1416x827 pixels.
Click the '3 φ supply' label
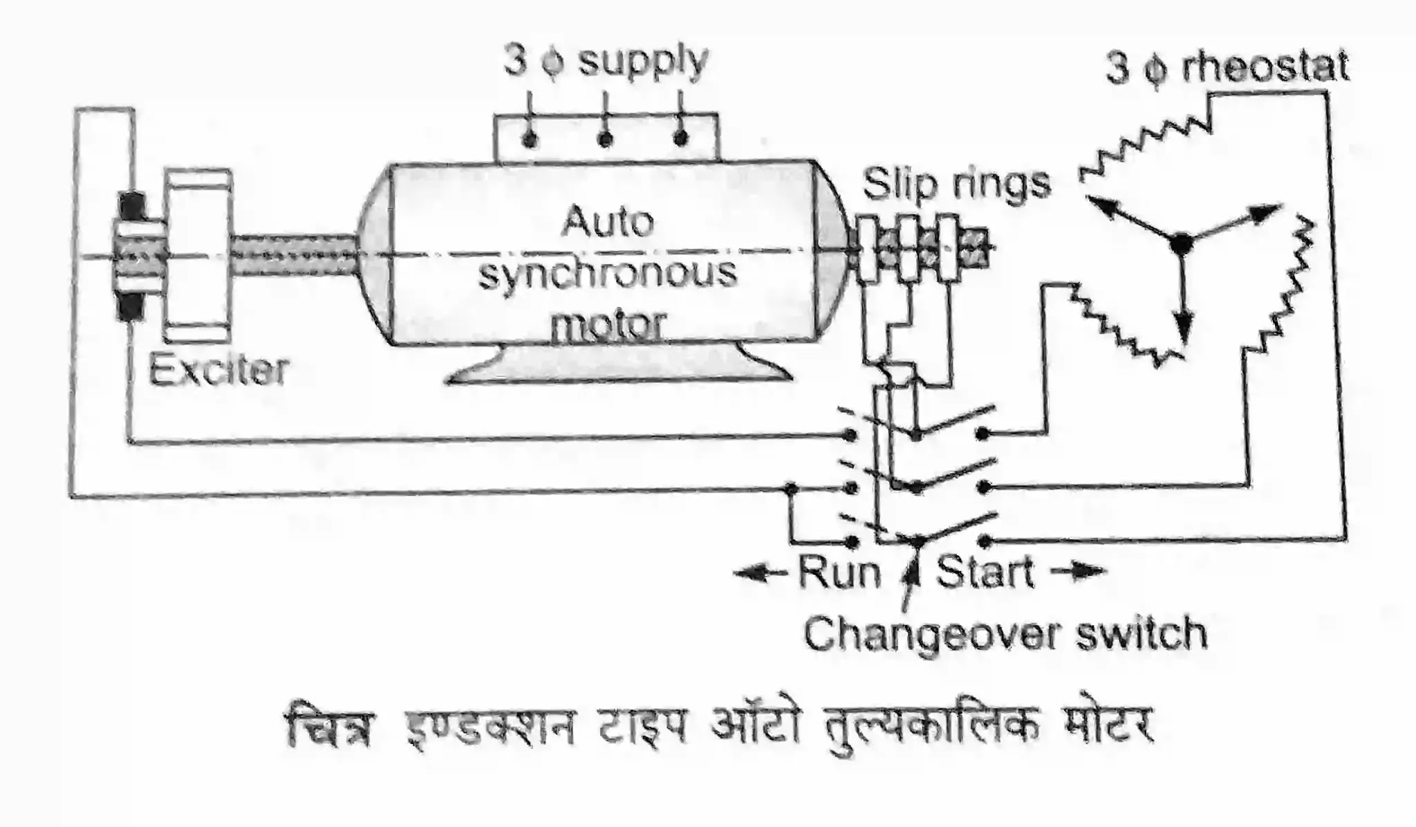tap(606, 62)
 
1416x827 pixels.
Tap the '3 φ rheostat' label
tap(1227, 69)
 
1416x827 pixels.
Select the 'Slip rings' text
tap(956, 184)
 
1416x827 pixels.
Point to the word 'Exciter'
tap(218, 371)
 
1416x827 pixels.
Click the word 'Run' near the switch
tap(839, 573)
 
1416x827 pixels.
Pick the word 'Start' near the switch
tap(985, 573)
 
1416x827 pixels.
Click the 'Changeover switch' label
tap(1005, 634)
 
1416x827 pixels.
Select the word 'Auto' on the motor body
tap(608, 223)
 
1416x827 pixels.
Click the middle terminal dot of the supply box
tap(605, 140)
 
